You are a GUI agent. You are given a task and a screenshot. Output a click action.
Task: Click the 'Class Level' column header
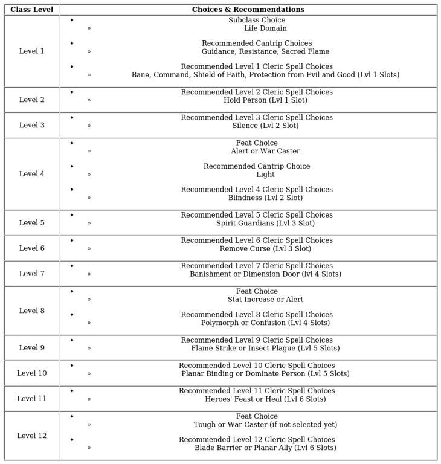[x=31, y=10]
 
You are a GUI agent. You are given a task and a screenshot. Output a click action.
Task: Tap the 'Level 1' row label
[x=31, y=51]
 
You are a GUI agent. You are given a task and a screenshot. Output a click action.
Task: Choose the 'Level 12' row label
[x=31, y=436]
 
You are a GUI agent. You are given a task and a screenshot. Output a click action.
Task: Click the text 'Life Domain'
[x=265, y=28]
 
